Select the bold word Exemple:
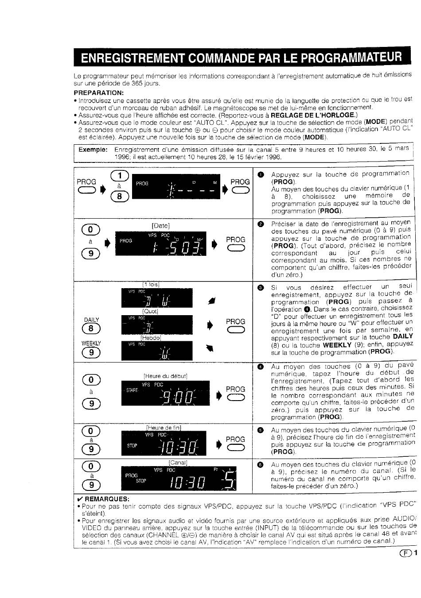tap(93, 150)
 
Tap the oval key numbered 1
tap(120, 175)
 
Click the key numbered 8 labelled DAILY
tap(91, 328)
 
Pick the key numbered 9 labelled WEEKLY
tap(91, 352)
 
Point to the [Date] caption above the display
tap(161, 226)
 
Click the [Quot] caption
tap(150, 311)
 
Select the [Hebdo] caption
tap(151, 338)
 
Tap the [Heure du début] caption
tap(165, 376)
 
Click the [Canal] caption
tap(178, 463)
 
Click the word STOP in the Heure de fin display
tap(132, 446)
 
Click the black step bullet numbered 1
tap(261, 174)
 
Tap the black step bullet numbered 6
tap(261, 465)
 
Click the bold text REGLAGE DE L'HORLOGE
tap(313, 116)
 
